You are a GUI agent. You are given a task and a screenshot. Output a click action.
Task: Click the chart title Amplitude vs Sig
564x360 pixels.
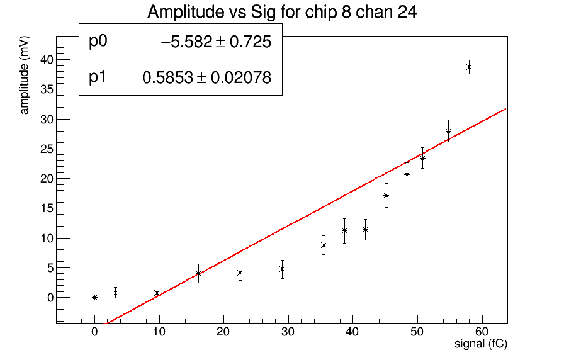tap(281, 12)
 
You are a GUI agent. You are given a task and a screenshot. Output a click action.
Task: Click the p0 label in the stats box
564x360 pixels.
tap(99, 42)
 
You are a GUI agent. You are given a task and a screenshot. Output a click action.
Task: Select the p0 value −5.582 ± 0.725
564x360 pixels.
tap(216, 42)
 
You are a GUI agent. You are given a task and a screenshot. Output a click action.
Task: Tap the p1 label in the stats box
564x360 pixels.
tap(98, 77)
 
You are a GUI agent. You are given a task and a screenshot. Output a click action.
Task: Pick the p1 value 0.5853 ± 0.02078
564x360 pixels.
tap(206, 78)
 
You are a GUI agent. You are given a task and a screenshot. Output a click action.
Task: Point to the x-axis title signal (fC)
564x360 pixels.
tap(481, 344)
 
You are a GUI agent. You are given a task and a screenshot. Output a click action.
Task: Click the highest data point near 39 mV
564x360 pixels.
tap(469, 67)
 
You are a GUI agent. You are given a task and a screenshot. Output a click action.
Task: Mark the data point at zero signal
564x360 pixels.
tap(94, 297)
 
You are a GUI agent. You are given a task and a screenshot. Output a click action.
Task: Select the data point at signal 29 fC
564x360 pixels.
tap(282, 269)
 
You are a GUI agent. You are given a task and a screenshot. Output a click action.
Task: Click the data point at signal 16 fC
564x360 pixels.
tap(198, 273)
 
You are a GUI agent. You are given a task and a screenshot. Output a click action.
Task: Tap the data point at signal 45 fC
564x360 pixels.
tap(386, 195)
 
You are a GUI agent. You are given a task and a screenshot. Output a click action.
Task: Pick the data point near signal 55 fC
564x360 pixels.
tap(448, 131)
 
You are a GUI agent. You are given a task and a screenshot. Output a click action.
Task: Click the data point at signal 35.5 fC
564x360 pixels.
tap(324, 245)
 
